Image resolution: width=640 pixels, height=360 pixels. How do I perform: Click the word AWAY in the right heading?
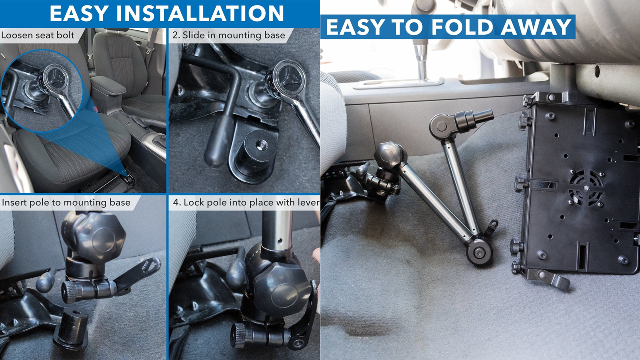point(536,27)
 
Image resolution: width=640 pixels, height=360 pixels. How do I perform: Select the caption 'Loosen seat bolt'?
point(38,35)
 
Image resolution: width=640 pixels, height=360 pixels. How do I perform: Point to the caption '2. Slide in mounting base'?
point(228,35)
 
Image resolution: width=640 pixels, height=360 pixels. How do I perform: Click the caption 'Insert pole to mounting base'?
point(66,202)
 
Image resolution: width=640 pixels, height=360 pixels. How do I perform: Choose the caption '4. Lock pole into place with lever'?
point(246,202)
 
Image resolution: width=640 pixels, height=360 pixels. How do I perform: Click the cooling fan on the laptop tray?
point(586,188)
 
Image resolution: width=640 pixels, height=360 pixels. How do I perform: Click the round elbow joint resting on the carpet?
point(480,252)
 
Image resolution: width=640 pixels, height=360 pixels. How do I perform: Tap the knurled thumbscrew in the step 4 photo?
point(242,335)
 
